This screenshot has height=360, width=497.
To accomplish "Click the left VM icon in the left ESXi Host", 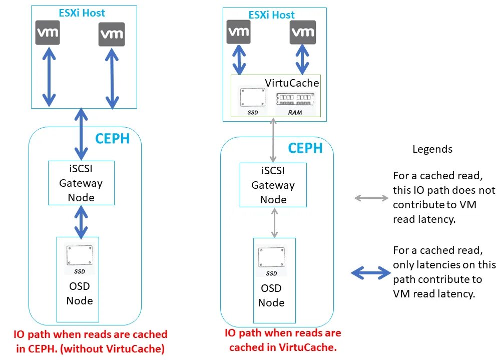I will pos(49,34).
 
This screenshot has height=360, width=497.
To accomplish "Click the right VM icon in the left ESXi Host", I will pos(111,35).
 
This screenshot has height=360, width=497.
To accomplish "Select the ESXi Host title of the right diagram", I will pos(272,15).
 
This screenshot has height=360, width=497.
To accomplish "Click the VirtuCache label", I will pos(291,83).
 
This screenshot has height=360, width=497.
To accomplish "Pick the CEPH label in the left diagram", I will pos(112,138).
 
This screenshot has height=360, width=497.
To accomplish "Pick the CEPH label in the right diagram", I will pos(305,148).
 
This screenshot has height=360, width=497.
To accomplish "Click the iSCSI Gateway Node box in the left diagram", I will pos(81,183).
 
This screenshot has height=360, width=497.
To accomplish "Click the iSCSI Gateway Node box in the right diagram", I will pos(273,185).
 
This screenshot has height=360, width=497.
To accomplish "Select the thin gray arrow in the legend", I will pos(371,198).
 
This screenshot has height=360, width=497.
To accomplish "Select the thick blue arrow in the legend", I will pos(370,273).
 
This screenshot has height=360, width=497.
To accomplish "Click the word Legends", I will pos(432,149).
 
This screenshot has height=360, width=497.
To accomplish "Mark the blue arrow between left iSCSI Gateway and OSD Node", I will pos(80,220).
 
